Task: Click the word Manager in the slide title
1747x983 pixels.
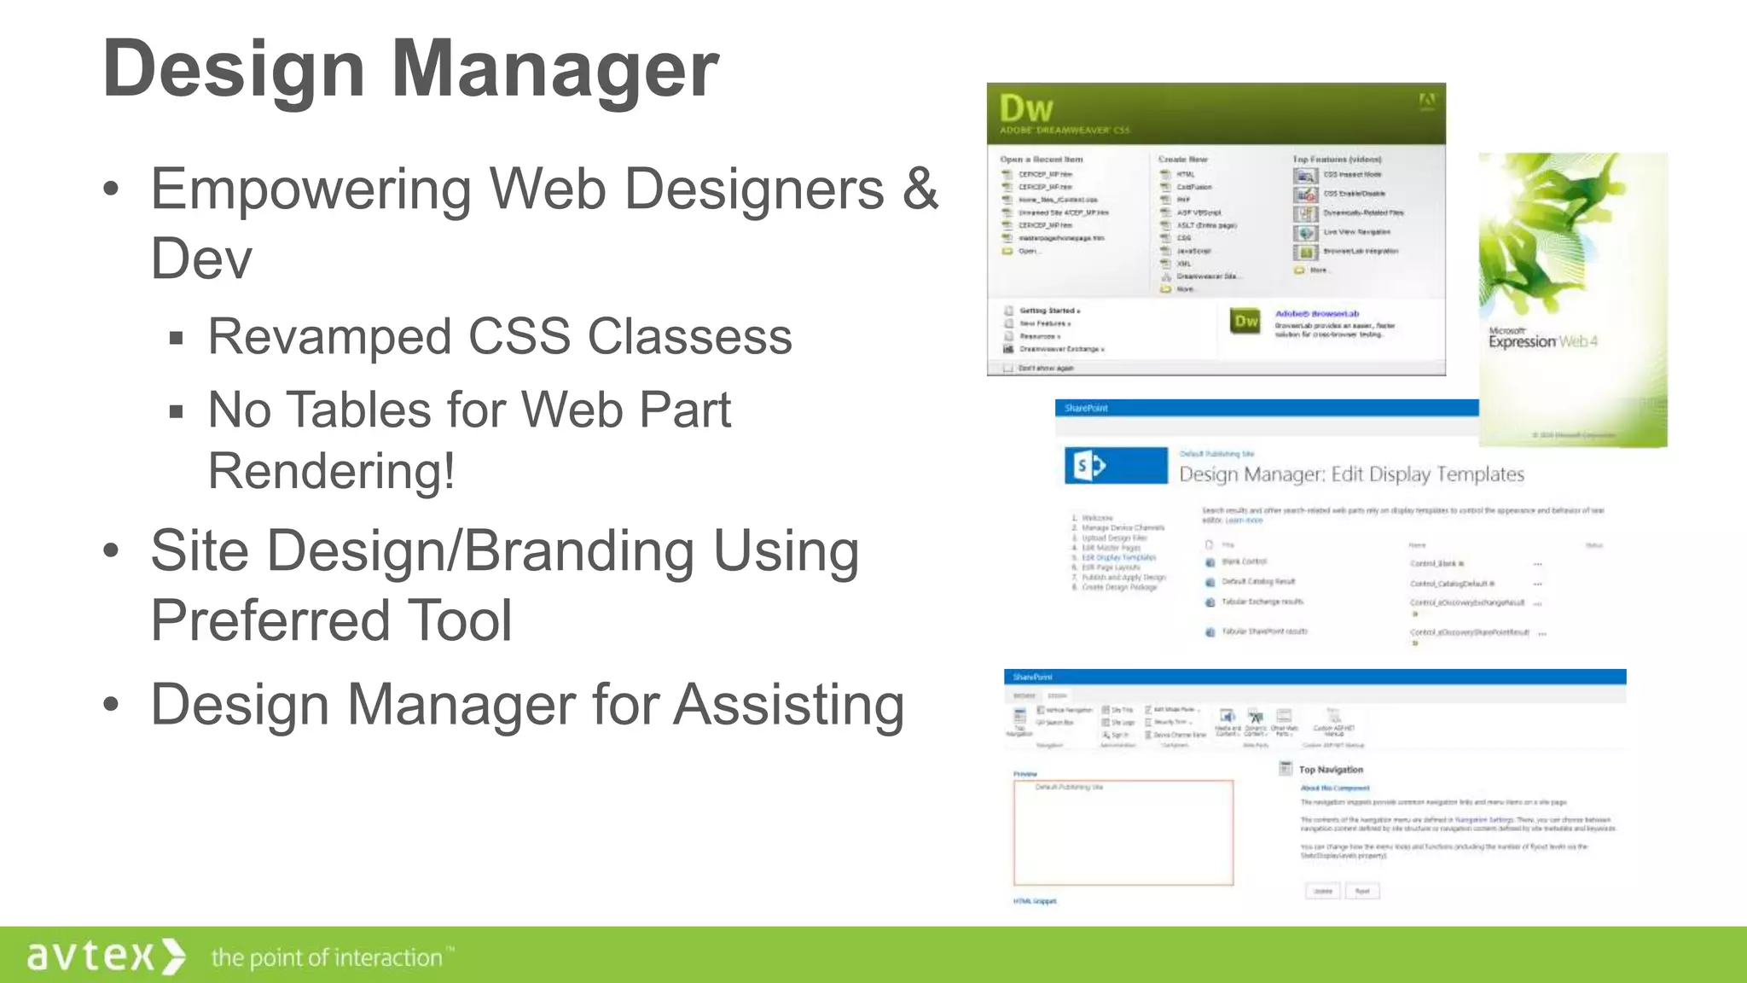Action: (x=554, y=70)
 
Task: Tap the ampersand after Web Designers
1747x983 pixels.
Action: (x=921, y=189)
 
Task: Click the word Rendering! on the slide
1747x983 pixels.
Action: (x=331, y=471)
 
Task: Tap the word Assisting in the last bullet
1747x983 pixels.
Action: (x=788, y=706)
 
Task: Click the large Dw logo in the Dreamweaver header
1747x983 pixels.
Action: (x=1026, y=109)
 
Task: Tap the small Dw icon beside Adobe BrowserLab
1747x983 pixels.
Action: (x=1245, y=321)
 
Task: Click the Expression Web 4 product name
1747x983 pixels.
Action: (x=1542, y=341)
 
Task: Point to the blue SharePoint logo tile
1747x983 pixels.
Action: (x=1116, y=466)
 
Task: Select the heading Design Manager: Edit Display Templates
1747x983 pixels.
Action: (x=1351, y=474)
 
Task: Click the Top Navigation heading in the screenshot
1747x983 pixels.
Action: (x=1331, y=770)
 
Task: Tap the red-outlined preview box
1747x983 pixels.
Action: (x=1123, y=833)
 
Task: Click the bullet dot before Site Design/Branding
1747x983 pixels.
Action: (x=111, y=552)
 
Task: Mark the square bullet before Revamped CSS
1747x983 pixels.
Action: (x=177, y=339)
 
